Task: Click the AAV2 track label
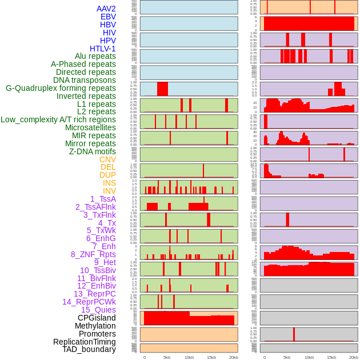tap(106, 9)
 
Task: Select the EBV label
tap(108, 17)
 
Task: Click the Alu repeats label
tap(95, 56)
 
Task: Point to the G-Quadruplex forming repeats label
tap(61, 88)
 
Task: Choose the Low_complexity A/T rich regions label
tap(58, 119)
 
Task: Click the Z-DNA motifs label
tap(93, 151)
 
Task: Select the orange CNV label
tap(107, 159)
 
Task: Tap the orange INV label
tap(109, 191)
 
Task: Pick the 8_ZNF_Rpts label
tap(93, 254)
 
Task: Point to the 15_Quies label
tap(98, 310)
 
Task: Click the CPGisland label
tap(97, 318)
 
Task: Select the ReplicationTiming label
tap(85, 342)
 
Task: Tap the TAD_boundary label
tap(89, 349)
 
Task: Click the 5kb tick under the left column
tap(167, 357)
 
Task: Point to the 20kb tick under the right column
tap(354, 357)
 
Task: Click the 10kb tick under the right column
tap(309, 357)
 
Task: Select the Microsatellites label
tap(90, 127)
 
